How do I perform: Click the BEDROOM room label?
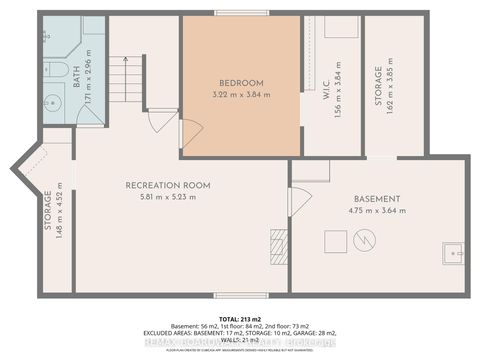coord(240,82)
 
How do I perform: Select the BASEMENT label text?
coord(377,199)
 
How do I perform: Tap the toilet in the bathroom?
coord(51,69)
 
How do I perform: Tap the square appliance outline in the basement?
coord(336,240)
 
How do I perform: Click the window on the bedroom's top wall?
coord(240,13)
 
